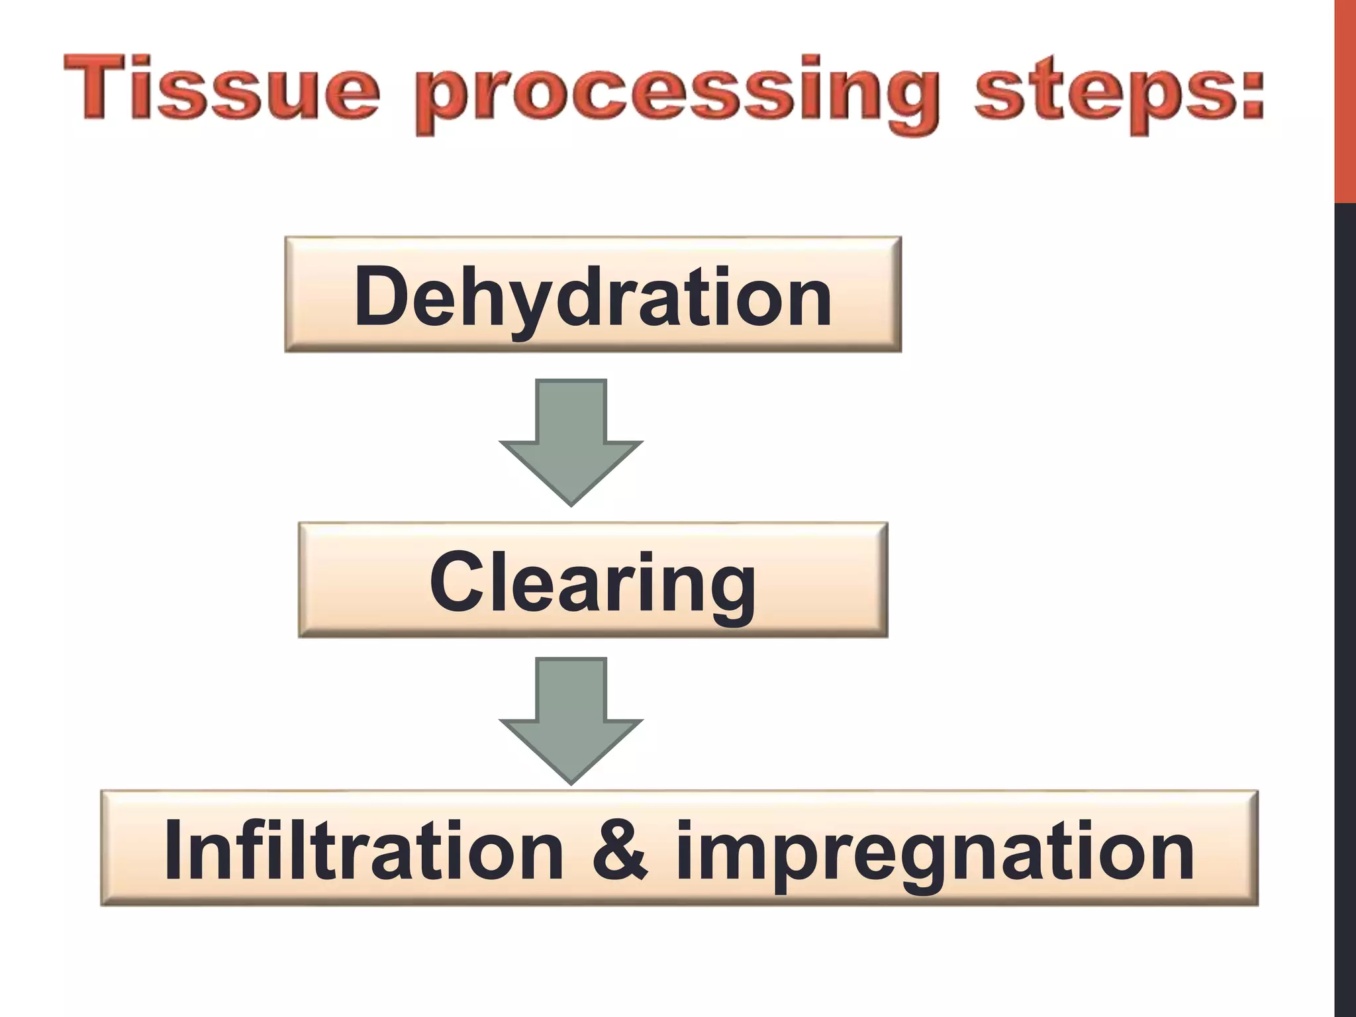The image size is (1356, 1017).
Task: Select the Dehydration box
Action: (x=593, y=295)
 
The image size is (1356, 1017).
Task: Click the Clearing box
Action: (x=593, y=581)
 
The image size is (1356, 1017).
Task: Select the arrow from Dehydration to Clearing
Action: (x=571, y=440)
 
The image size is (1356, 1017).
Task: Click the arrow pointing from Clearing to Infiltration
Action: (x=571, y=719)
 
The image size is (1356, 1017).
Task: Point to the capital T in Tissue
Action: (x=96, y=87)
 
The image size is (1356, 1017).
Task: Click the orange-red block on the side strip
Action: (x=1345, y=99)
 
